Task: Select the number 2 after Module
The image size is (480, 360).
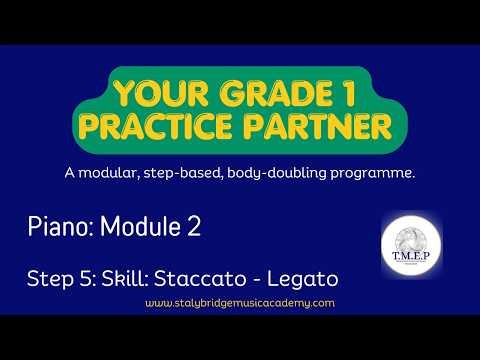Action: coord(192,228)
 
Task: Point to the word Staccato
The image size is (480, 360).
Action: coord(196,275)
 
